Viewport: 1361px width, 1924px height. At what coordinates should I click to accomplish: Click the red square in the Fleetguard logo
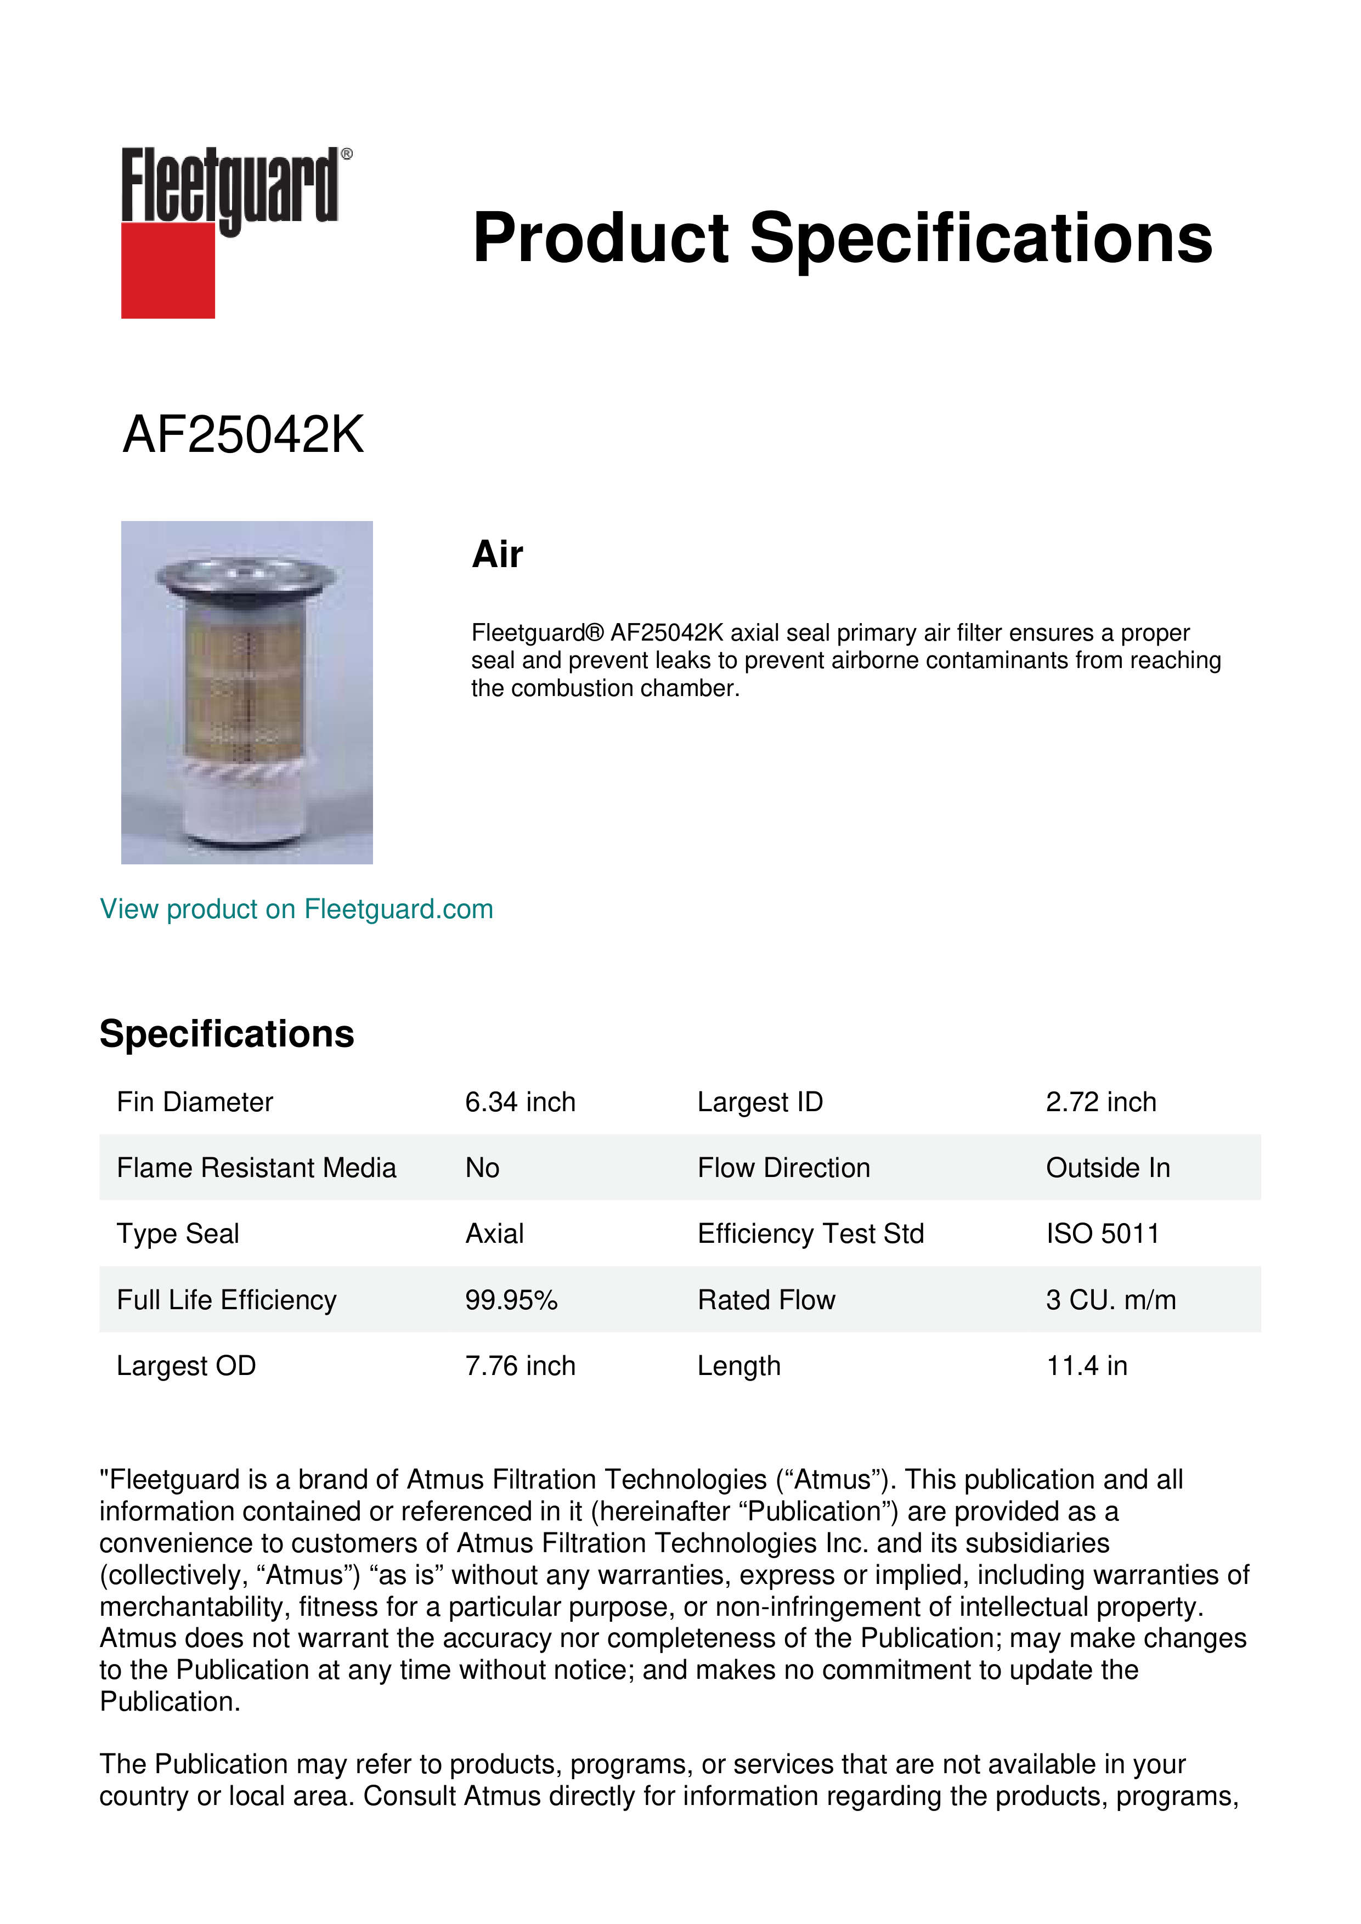coord(168,270)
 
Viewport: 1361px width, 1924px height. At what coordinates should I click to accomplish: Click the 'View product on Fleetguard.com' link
coord(296,909)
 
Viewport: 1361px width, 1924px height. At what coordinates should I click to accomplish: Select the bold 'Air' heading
coord(497,554)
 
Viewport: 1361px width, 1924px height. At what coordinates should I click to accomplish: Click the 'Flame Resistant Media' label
coord(256,1168)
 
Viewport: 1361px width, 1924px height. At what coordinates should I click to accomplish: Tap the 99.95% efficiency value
coord(511,1300)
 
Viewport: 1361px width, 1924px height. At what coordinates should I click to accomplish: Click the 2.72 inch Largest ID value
coord(1100,1102)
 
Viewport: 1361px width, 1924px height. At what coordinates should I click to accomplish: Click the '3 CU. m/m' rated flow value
coord(1110,1300)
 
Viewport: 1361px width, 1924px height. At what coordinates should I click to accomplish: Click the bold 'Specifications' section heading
coord(226,1034)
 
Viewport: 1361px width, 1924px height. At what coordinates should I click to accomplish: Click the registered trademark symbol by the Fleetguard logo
coord(347,154)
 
